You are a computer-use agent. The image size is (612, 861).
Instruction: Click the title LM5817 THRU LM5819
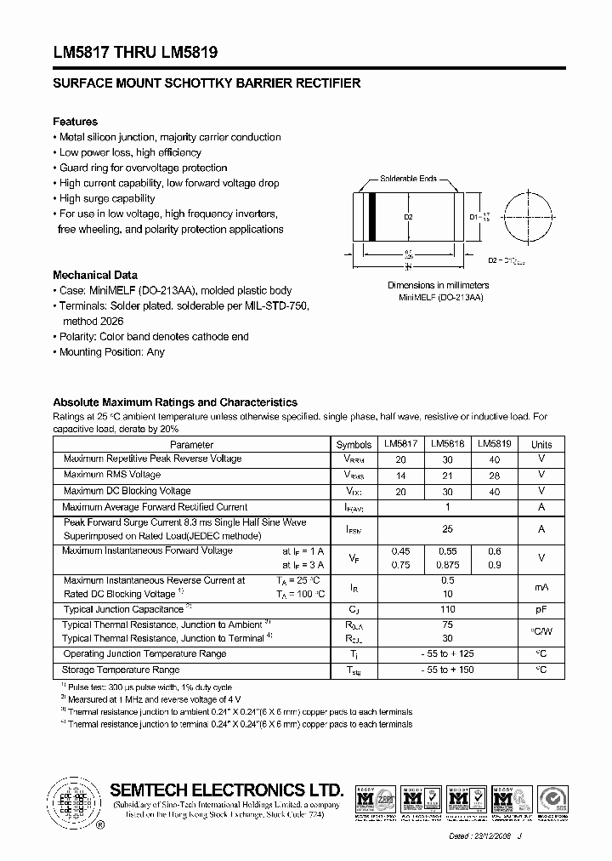(135, 52)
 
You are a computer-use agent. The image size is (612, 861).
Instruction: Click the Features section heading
(75, 122)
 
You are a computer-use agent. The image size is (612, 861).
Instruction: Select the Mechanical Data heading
(94, 275)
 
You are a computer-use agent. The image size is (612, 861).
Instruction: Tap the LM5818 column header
(447, 444)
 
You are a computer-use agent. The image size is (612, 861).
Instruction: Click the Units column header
(541, 444)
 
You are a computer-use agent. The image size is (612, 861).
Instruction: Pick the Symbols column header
(354, 444)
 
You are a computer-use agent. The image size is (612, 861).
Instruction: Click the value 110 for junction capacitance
(448, 609)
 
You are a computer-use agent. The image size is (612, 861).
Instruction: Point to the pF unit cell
(541, 609)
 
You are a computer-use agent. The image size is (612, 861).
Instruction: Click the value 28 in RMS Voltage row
(494, 475)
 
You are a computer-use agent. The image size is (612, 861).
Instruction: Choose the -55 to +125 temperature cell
(448, 653)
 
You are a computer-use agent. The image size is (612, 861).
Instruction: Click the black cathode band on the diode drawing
(371, 218)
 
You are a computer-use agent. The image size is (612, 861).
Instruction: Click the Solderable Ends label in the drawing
(408, 179)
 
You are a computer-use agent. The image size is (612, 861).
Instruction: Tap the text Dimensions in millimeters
(439, 285)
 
